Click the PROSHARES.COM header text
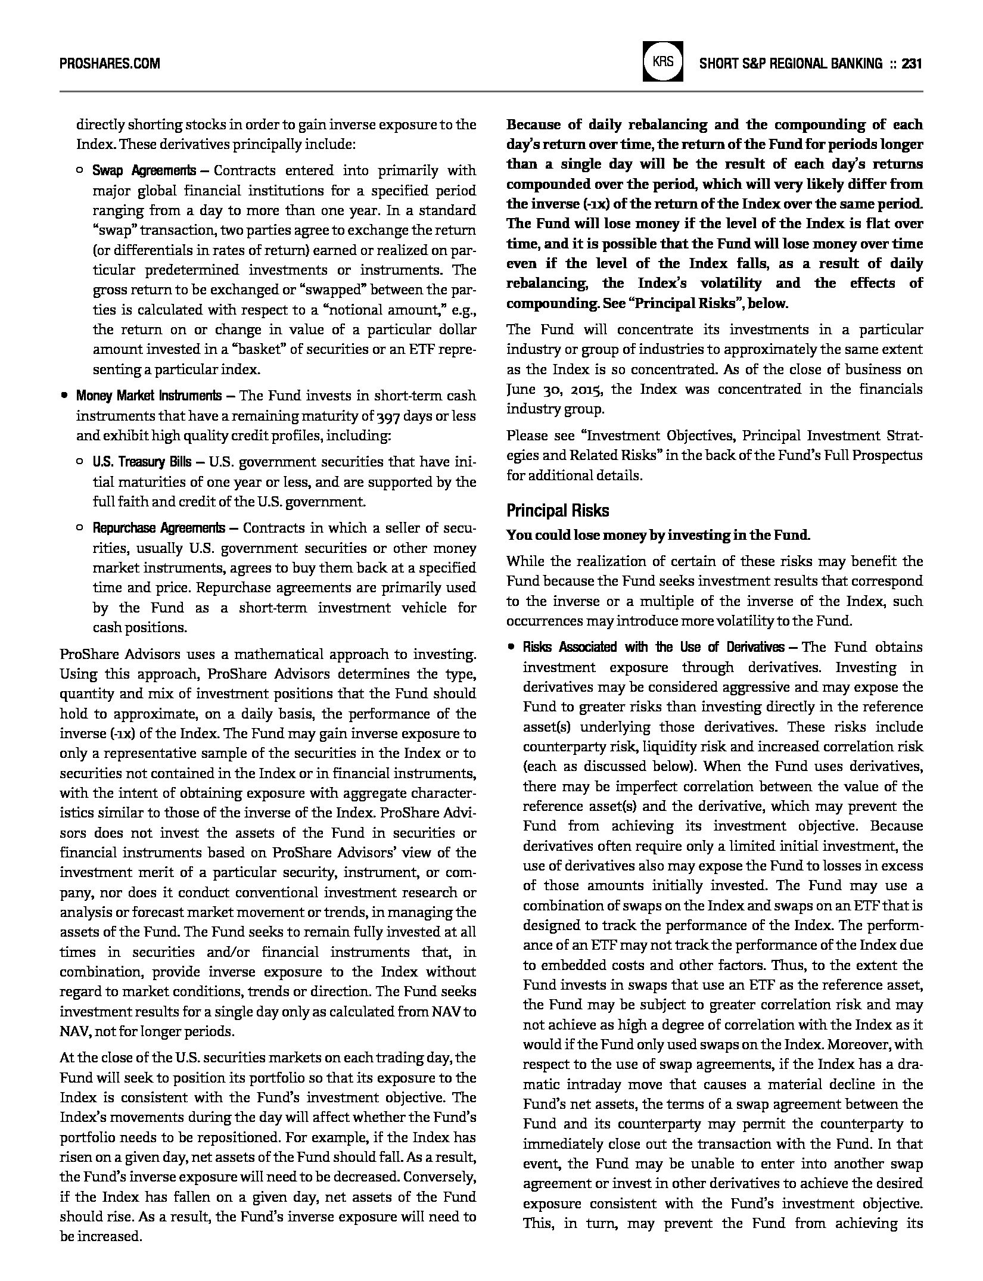110,63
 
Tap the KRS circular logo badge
662,62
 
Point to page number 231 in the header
912,63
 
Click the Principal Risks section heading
558,511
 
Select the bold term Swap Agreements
144,171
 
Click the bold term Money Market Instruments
148,396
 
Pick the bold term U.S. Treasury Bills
142,462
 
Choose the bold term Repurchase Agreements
158,528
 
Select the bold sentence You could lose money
658,535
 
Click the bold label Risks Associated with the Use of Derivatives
653,648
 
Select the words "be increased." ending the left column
101,1236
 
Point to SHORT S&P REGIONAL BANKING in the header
791,63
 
